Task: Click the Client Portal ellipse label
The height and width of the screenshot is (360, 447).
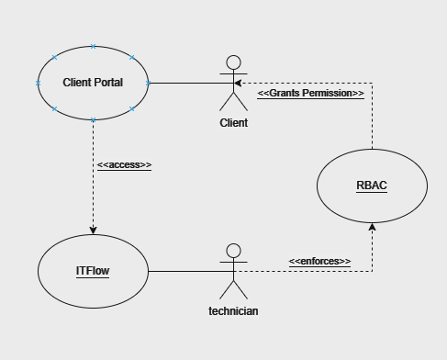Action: tap(93, 83)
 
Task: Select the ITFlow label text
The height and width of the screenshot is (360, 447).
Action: tap(93, 271)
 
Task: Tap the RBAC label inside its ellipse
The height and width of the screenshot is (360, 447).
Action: tap(372, 186)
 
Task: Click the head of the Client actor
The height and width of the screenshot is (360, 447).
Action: tap(233, 62)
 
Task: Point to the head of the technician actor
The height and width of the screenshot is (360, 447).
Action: tap(233, 250)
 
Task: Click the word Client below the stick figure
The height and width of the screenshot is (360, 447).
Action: tap(233, 122)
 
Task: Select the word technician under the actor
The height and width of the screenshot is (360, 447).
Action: tap(233, 310)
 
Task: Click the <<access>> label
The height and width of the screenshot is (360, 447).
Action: tap(124, 165)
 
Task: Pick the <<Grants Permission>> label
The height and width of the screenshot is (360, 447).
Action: tap(310, 94)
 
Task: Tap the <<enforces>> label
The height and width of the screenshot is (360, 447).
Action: tap(319, 262)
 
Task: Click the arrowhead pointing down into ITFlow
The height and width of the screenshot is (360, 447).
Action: tap(93, 230)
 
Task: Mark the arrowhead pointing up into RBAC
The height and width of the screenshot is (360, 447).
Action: tap(372, 226)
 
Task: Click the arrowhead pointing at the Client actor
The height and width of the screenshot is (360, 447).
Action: tap(238, 84)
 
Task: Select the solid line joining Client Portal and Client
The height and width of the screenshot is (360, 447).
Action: tap(184, 84)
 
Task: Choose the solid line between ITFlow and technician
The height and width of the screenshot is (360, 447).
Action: tap(184, 272)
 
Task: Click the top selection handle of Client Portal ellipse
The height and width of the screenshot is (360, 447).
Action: tap(93, 45)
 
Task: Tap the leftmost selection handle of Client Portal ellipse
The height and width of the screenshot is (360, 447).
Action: tap(38, 83)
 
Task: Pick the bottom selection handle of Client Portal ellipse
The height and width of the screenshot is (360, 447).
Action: tap(93, 120)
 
